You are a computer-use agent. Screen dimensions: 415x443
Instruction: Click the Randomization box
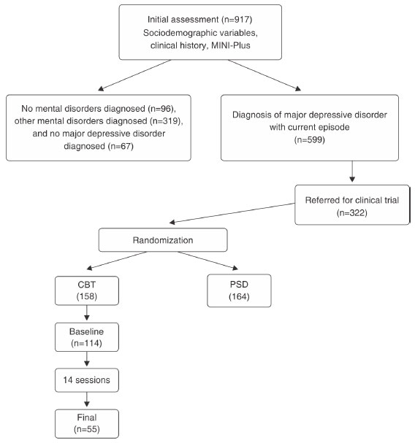click(163, 240)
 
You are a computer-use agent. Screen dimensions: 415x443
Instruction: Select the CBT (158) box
click(87, 290)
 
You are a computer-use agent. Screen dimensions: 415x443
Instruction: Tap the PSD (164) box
click(239, 290)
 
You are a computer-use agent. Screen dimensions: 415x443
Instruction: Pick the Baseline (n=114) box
click(87, 337)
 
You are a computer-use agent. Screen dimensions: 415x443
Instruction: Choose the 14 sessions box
click(87, 380)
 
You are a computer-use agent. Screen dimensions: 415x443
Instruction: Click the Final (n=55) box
click(87, 423)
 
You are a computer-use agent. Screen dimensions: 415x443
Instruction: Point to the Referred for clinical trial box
click(352, 205)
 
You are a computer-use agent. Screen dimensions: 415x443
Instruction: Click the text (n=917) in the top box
click(237, 20)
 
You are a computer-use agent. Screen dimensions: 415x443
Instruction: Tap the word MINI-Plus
click(231, 45)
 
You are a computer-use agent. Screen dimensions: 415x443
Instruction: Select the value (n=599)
click(310, 139)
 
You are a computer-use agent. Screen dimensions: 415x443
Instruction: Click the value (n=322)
click(352, 212)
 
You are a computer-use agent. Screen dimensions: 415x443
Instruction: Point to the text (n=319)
click(164, 121)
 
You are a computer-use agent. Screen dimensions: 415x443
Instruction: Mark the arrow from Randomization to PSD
click(208, 261)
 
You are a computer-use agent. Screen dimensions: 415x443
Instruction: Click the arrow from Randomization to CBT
click(117, 261)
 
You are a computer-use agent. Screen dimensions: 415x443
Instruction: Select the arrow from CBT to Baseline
click(87, 313)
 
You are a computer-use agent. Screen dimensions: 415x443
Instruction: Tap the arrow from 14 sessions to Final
click(87, 399)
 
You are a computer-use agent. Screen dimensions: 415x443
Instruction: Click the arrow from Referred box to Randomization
click(232, 213)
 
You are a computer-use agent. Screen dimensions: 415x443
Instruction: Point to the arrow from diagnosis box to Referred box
click(352, 172)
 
